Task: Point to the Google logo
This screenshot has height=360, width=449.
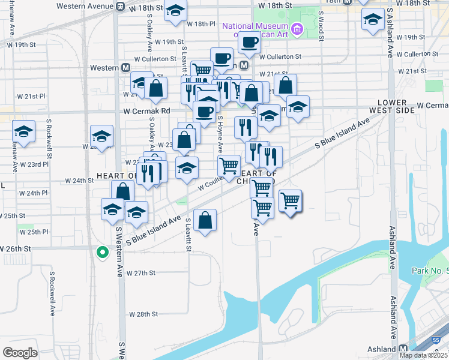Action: coord(20,352)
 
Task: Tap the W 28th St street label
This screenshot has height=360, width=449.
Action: coord(143,314)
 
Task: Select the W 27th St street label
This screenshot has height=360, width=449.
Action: coord(142,273)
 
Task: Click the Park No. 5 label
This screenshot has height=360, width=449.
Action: coord(430,271)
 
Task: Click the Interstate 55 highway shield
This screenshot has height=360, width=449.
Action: coord(436,340)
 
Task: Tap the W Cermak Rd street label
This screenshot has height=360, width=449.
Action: coord(147,111)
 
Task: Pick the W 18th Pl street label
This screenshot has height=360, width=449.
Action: coord(200,25)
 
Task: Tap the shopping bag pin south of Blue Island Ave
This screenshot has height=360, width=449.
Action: coord(205,220)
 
